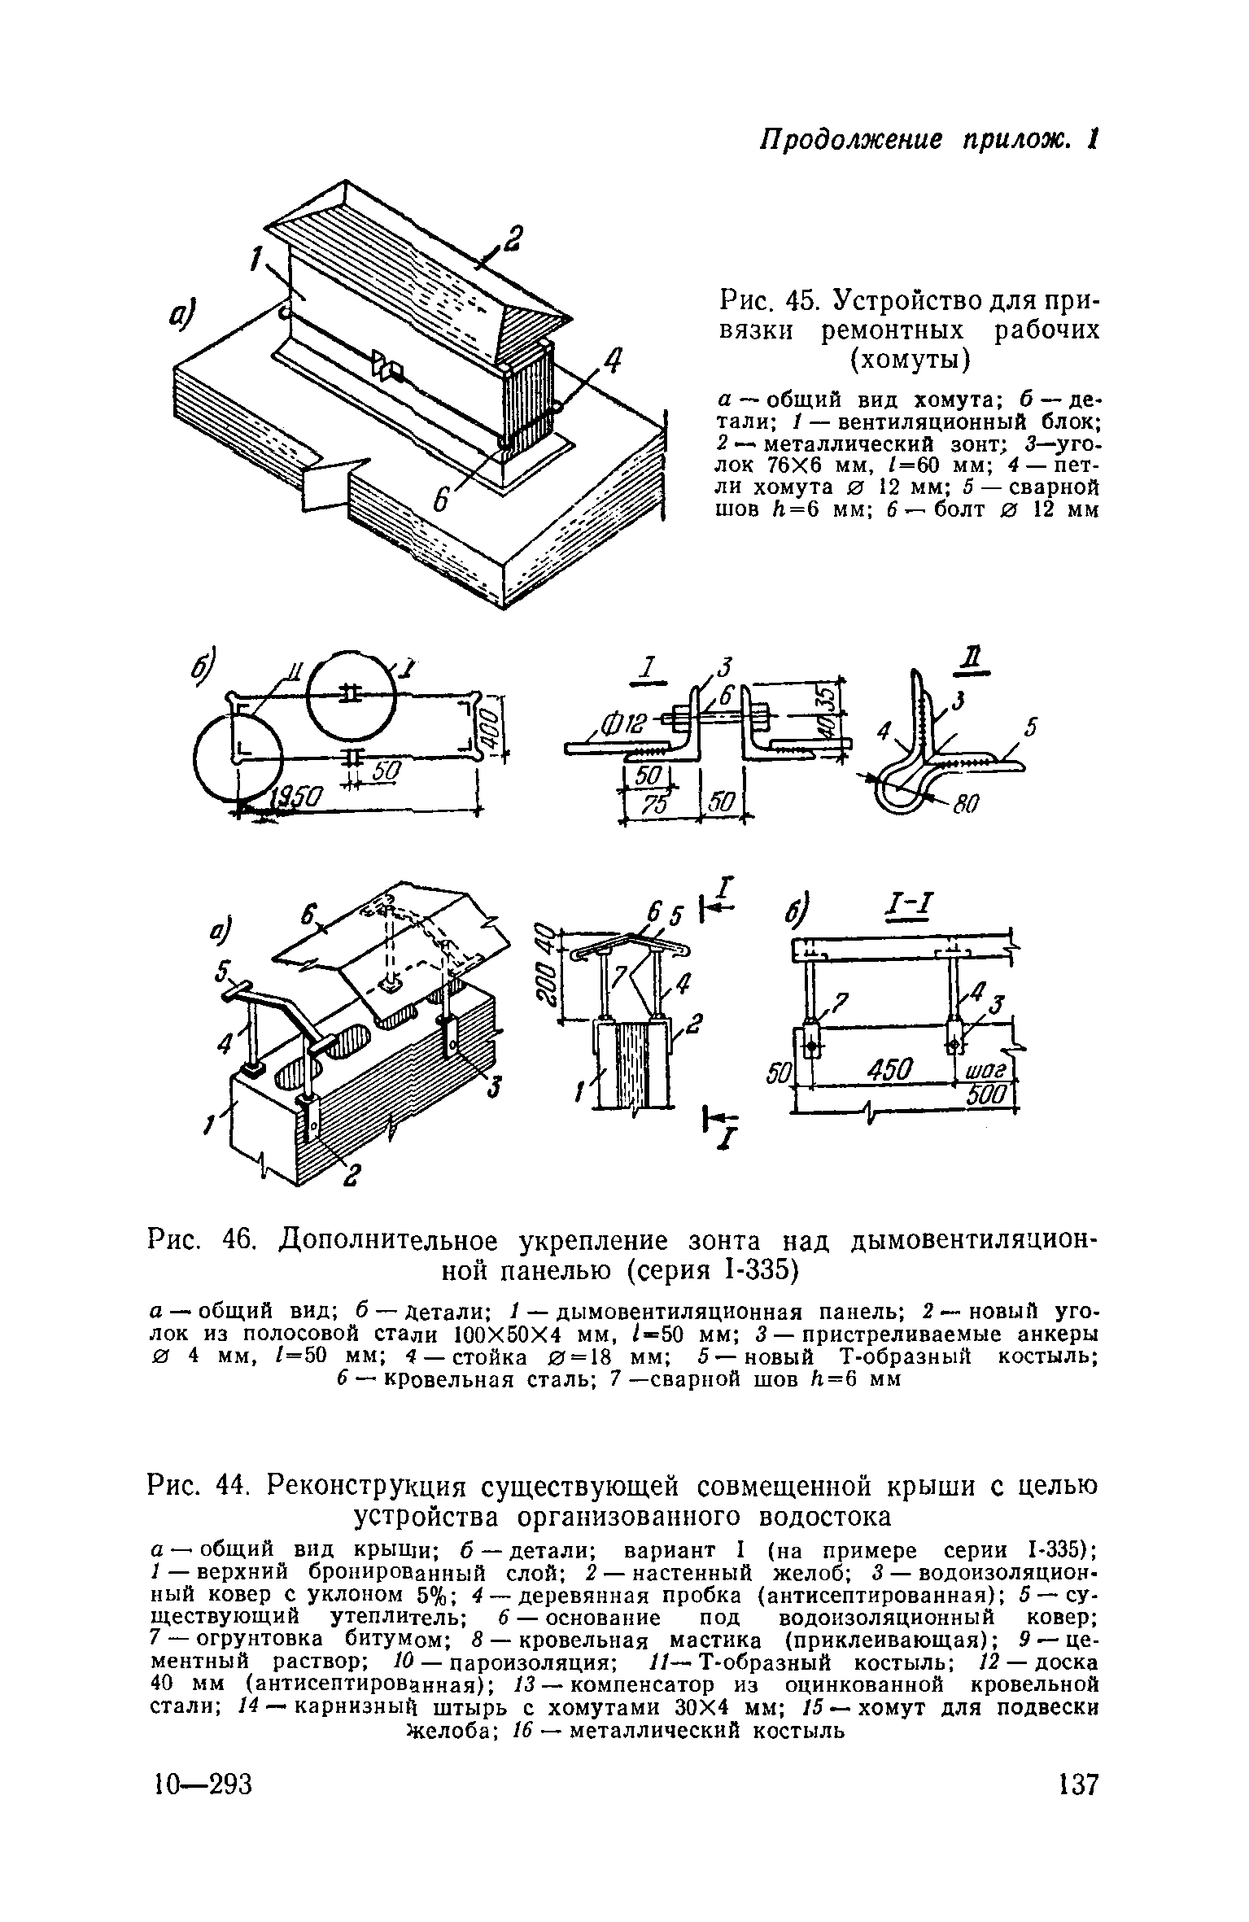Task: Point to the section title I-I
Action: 907,905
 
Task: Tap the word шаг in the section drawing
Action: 986,1068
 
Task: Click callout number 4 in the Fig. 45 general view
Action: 611,360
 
